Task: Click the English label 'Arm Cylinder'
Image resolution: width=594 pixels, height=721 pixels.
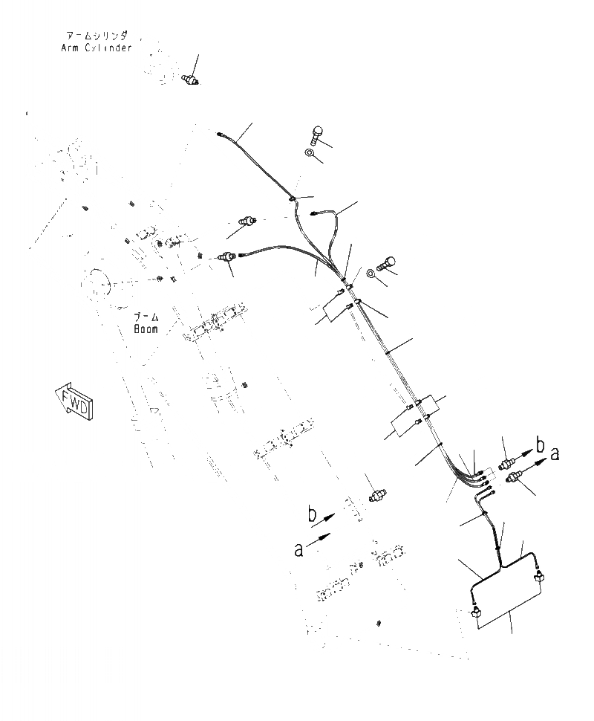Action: click(x=97, y=48)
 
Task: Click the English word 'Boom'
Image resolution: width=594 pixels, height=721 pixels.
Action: click(x=146, y=329)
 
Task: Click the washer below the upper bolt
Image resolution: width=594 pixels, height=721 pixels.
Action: click(x=309, y=153)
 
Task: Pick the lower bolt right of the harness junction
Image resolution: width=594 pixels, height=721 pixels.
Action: click(x=388, y=262)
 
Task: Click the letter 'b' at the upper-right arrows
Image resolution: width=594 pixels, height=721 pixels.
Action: click(x=541, y=445)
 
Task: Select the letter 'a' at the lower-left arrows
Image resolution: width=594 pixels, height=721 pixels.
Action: click(x=299, y=549)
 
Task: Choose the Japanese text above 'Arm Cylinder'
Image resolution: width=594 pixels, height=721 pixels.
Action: click(x=97, y=35)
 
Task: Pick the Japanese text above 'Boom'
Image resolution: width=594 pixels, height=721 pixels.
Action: click(x=145, y=317)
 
